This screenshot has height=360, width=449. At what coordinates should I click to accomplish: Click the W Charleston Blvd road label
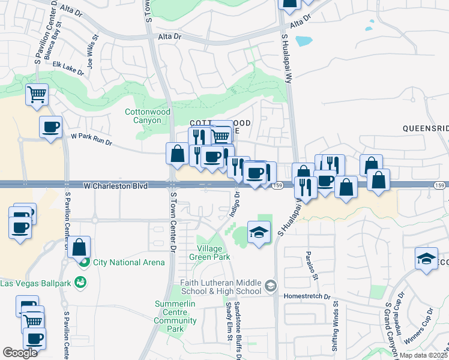point(115,187)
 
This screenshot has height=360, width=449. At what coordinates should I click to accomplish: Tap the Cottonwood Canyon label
point(148,116)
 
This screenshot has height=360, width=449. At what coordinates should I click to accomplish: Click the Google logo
point(20,353)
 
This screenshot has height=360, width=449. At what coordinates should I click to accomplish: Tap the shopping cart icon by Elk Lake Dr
point(37,94)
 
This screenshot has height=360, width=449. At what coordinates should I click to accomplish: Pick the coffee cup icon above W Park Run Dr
point(50,127)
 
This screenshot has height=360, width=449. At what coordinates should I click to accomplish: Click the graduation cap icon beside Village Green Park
point(259,232)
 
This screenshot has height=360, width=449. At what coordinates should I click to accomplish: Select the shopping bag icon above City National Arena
point(79,247)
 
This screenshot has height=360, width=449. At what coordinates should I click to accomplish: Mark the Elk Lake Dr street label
point(68,68)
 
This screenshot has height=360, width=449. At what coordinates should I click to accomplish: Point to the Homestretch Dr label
point(310,296)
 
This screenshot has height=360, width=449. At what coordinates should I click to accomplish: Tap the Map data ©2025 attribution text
point(423,355)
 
